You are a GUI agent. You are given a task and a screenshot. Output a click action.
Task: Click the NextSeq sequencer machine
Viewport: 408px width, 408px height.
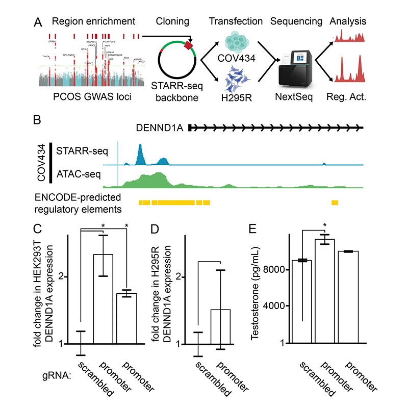[x=293, y=71]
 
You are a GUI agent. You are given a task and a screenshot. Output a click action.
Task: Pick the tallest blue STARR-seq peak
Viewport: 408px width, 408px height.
[x=141, y=153]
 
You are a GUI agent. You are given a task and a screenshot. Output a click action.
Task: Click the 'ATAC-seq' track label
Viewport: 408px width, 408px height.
[x=79, y=175]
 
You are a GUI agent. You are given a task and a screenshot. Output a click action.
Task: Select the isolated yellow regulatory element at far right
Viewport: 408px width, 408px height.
[x=335, y=203]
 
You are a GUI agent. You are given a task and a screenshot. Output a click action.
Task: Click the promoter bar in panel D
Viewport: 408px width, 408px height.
[x=220, y=326]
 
